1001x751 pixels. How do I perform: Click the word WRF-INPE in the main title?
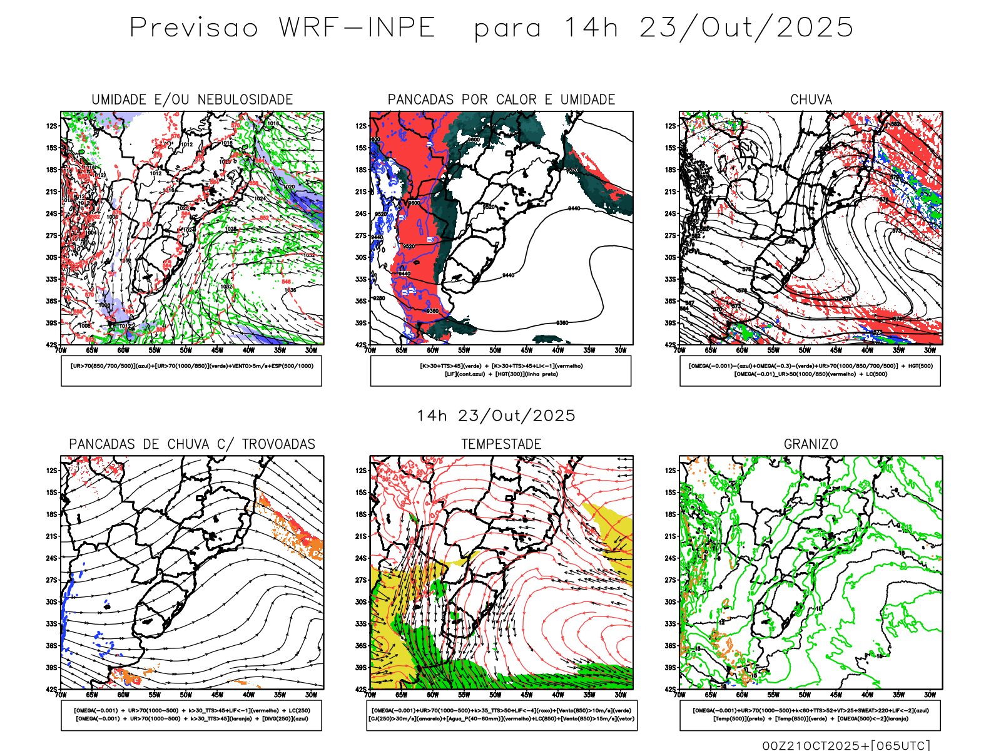pos(357,28)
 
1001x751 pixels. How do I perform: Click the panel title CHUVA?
pos(811,100)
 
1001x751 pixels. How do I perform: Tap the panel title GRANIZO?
pos(811,444)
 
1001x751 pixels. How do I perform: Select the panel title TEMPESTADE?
pos(501,444)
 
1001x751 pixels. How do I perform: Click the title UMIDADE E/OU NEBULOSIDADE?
pos(192,100)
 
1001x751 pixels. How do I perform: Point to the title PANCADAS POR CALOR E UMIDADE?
pos(501,100)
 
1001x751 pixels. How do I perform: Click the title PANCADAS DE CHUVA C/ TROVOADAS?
pos(192,444)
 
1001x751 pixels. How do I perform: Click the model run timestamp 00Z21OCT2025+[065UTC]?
pos(846,745)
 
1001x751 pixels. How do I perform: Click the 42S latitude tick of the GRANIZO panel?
pos(671,689)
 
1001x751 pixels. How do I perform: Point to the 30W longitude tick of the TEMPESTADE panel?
pos(621,695)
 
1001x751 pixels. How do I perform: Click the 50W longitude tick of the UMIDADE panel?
pos(186,350)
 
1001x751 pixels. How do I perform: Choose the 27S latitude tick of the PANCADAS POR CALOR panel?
pos(361,235)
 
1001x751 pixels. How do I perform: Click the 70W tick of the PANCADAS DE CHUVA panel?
pos(61,695)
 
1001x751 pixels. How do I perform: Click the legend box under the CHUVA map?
pos(810,370)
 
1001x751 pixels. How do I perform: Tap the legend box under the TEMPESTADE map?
pos(501,715)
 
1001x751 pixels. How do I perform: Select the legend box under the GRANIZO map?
pos(810,715)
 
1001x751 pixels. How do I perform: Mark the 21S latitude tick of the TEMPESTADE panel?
pos(361,536)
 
